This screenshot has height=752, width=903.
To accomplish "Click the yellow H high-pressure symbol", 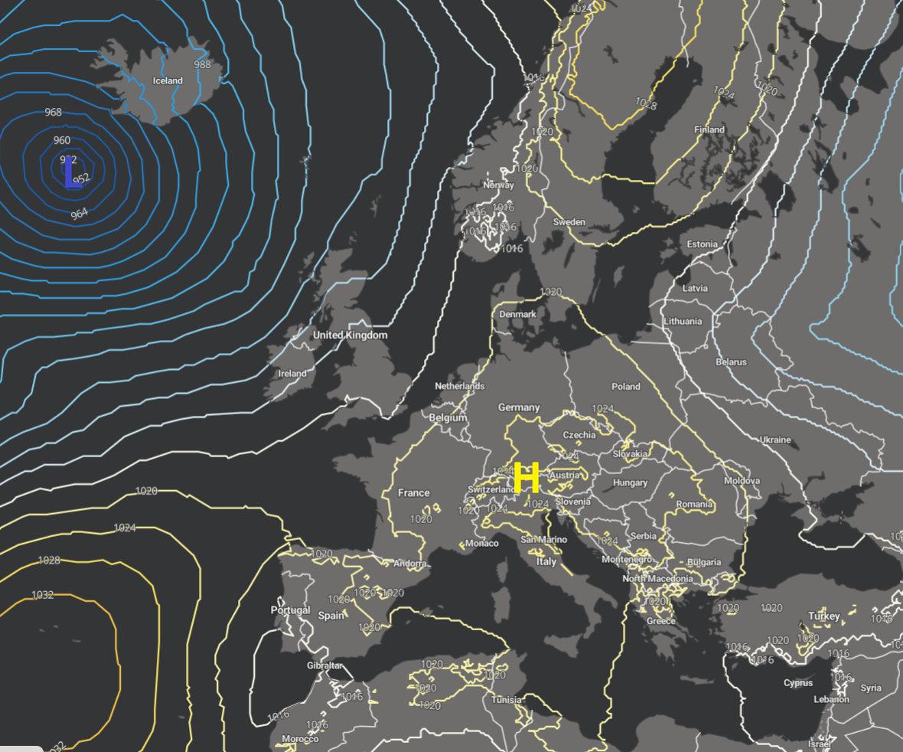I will pyautogui.click(x=526, y=478).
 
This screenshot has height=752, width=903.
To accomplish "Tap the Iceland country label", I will pyautogui.click(x=168, y=80).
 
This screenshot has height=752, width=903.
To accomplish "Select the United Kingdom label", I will pyautogui.click(x=350, y=335).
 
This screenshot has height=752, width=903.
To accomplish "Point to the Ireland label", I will pyautogui.click(x=292, y=374).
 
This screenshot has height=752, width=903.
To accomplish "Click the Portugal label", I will pyautogui.click(x=290, y=610).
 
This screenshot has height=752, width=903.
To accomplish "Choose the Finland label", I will pyautogui.click(x=709, y=129).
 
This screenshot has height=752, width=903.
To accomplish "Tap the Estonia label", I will pyautogui.click(x=702, y=244).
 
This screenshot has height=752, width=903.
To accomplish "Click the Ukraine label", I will pyautogui.click(x=775, y=440).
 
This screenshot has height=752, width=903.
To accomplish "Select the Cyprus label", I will pyautogui.click(x=797, y=683).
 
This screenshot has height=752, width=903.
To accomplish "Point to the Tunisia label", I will pyautogui.click(x=507, y=700).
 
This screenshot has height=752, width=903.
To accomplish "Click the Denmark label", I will pyautogui.click(x=517, y=315).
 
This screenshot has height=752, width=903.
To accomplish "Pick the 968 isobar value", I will pyautogui.click(x=53, y=112).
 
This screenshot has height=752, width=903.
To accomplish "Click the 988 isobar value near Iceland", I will pyautogui.click(x=202, y=64).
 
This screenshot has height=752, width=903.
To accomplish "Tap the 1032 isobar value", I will pyautogui.click(x=43, y=595).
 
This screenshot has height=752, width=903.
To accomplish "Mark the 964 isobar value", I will pyautogui.click(x=79, y=214).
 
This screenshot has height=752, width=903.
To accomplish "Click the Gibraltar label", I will pyautogui.click(x=324, y=665).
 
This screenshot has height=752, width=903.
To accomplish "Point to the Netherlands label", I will pyautogui.click(x=459, y=386).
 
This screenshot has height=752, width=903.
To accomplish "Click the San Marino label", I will pyautogui.click(x=544, y=540).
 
